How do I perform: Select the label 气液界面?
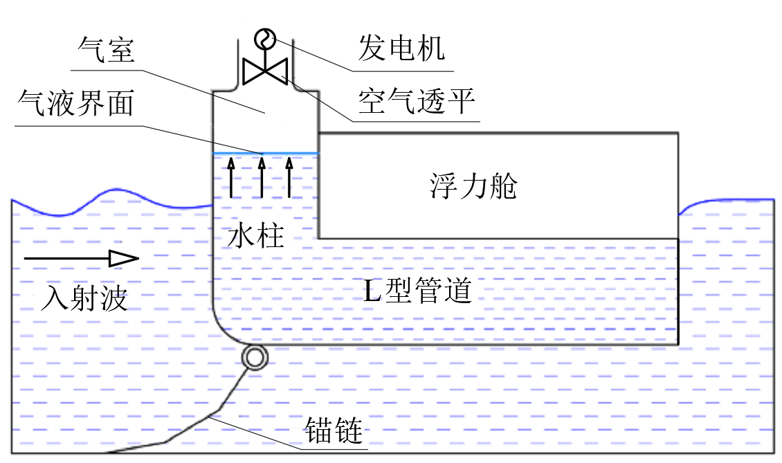pos(76,103)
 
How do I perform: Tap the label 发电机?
pos(401,48)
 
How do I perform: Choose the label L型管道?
pos(418,291)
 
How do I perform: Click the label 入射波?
pos(84,299)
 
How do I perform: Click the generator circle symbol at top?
pos(264,39)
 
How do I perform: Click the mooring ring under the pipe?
pos(254,358)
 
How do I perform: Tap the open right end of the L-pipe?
pos(678,291)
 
